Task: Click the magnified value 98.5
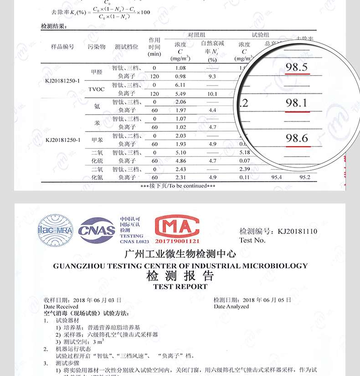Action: [297, 68]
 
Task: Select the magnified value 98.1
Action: [297, 103]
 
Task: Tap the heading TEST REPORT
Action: [180, 287]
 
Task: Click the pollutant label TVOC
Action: [97, 89]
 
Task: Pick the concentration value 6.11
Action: [180, 85]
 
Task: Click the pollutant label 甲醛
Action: [97, 72]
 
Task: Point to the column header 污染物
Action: [97, 47]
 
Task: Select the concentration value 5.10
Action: [180, 152]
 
